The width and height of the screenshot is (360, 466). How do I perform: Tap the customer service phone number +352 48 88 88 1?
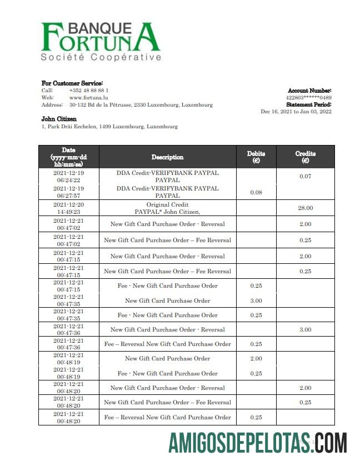[89, 90]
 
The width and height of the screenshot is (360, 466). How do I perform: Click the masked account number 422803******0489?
[308, 98]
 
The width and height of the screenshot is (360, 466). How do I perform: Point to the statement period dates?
[296, 112]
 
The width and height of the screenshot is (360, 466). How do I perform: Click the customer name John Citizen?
[59, 119]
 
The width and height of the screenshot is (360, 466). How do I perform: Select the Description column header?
[167, 157]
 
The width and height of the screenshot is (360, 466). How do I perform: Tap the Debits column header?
[256, 157]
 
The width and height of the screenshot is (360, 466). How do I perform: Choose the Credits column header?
[305, 157]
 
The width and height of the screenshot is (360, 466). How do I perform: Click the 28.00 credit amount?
[305, 208]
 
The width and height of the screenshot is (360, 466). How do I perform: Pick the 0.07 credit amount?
[305, 177]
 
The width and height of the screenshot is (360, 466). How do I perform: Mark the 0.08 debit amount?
[256, 192]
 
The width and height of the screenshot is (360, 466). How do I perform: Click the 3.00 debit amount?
[256, 300]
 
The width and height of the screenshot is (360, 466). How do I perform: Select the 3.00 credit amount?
[305, 329]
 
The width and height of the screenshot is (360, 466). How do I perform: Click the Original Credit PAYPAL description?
[167, 208]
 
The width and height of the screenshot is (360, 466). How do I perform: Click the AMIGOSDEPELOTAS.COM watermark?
[258, 444]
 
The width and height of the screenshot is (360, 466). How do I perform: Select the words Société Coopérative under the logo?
[101, 57]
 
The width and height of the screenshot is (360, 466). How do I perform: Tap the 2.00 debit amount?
[256, 358]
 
